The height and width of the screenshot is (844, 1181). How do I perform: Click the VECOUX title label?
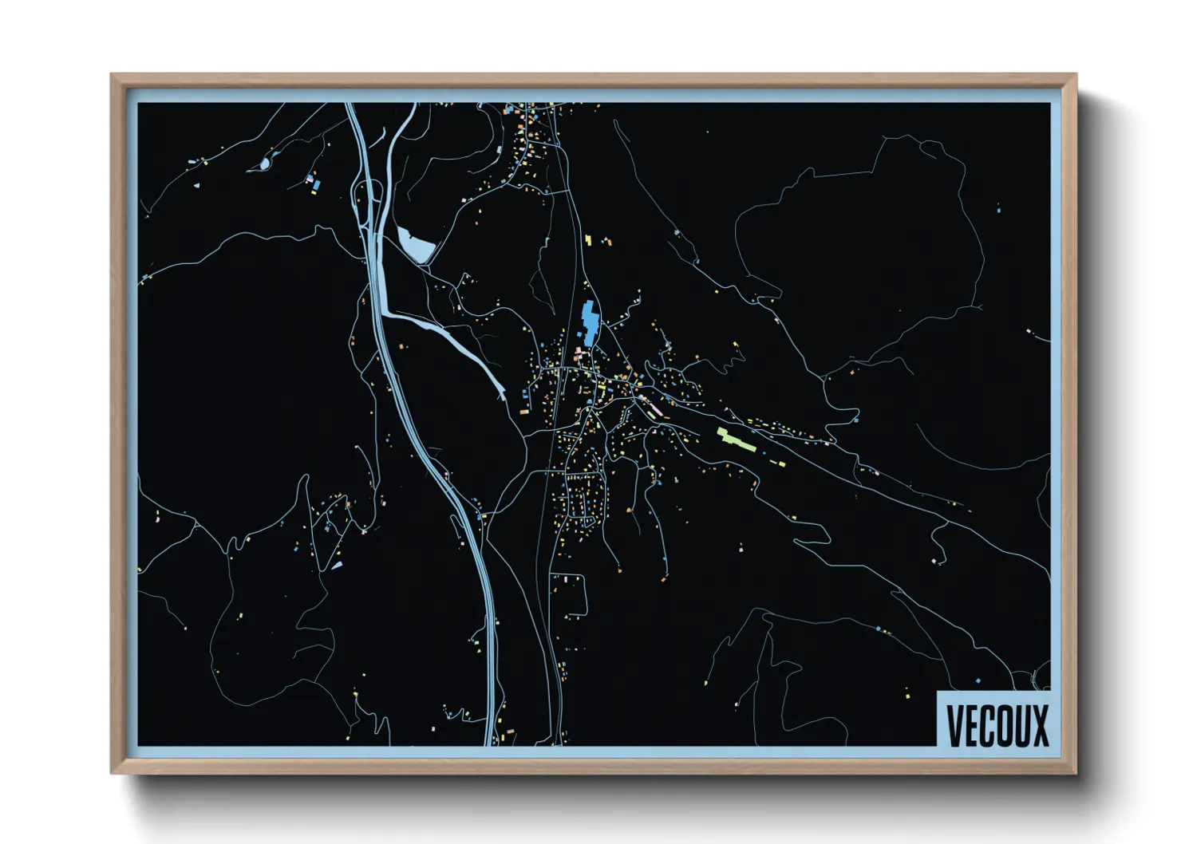(x=997, y=725)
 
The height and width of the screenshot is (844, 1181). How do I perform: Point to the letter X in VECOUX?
(x=1041, y=726)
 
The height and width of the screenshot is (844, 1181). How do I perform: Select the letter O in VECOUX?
(x=1005, y=726)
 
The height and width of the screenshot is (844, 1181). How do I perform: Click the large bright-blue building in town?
(x=590, y=322)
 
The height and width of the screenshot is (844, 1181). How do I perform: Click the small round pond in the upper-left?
(x=264, y=164)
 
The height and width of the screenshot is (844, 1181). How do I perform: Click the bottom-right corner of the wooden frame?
(x=1075, y=771)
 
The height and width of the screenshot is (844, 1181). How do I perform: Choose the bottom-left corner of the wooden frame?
(x=113, y=771)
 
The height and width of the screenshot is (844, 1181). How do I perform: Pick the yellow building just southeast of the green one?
(x=780, y=463)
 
